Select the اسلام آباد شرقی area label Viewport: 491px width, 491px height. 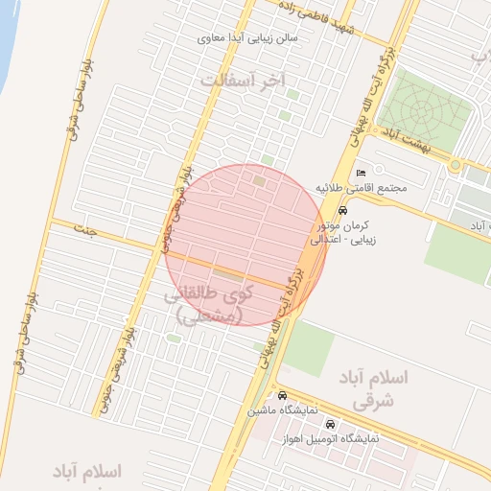coord(374,387)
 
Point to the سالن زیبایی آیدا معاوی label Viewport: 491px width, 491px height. coord(247,39)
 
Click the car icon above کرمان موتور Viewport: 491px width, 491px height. coord(343,211)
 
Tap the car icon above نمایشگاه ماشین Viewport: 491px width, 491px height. coord(282,395)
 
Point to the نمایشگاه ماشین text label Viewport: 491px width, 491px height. coord(277,410)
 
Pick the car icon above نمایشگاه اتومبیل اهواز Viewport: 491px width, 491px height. coord(331,424)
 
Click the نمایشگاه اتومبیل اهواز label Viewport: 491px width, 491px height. coord(331,438)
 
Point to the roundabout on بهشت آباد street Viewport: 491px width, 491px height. coord(456,166)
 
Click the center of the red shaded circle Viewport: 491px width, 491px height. coord(245,245)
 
